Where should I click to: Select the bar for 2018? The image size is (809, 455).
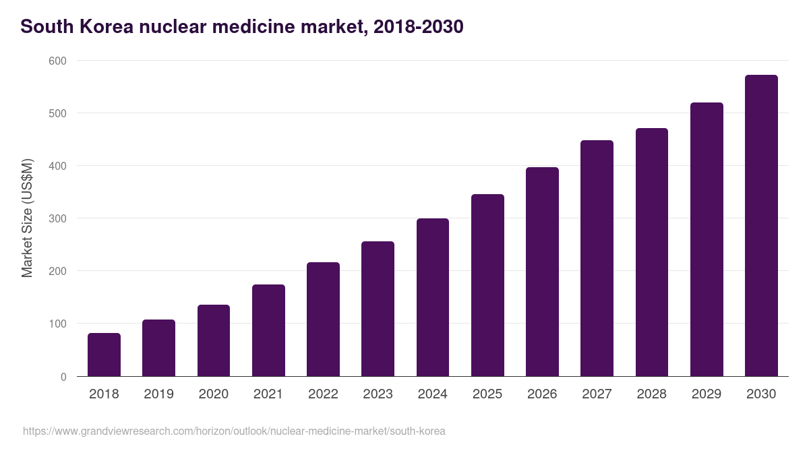click(104, 355)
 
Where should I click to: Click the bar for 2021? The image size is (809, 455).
click(268, 330)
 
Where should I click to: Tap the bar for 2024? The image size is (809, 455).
click(433, 297)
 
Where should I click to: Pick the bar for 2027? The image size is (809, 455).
click(597, 258)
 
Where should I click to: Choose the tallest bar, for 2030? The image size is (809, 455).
click(761, 226)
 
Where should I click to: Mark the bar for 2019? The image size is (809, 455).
click(158, 348)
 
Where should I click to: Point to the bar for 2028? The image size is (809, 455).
click(652, 252)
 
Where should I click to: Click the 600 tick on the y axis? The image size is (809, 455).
click(58, 61)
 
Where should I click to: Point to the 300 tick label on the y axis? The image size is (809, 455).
click(58, 218)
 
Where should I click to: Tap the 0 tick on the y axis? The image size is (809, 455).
click(63, 377)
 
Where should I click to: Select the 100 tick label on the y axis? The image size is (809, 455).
click(58, 324)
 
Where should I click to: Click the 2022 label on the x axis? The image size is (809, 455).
click(323, 394)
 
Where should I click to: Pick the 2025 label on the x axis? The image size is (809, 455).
click(487, 394)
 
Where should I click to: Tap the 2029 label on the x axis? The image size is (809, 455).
click(707, 394)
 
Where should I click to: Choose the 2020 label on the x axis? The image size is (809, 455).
click(213, 394)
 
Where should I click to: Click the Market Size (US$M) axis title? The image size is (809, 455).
click(27, 218)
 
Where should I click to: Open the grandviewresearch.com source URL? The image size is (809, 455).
click(234, 431)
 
